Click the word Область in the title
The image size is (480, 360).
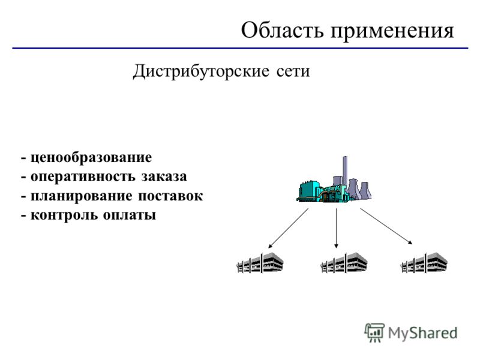tap(282, 31)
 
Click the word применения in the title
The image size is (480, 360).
tap(392, 32)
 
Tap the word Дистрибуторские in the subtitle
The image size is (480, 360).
tap(201, 72)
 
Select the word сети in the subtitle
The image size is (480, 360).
tap(293, 71)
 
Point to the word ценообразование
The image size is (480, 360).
tap(91, 158)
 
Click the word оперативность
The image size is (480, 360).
tap(83, 177)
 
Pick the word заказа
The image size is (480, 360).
tap(164, 177)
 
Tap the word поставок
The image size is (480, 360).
tap(170, 196)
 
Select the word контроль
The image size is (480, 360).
tap(64, 215)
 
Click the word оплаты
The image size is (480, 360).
tap(130, 215)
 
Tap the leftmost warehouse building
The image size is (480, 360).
tap(260, 263)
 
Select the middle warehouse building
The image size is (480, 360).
tap(344, 263)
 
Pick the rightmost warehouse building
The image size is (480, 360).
tap(424, 263)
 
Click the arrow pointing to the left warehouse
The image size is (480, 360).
tap(288, 229)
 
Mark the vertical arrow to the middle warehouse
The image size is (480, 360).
tap(337, 228)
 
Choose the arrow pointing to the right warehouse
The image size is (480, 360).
tap(386, 227)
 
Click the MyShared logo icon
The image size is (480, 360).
tap(374, 332)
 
